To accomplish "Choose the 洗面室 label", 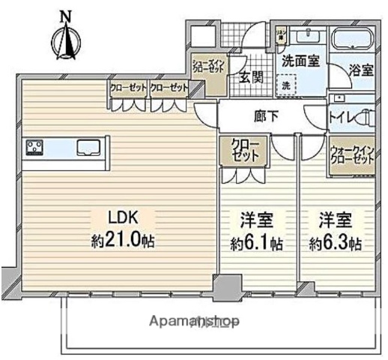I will [300, 62].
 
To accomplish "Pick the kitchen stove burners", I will [36, 148].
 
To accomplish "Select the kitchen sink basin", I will [89, 147].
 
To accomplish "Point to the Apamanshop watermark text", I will [194, 322].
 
